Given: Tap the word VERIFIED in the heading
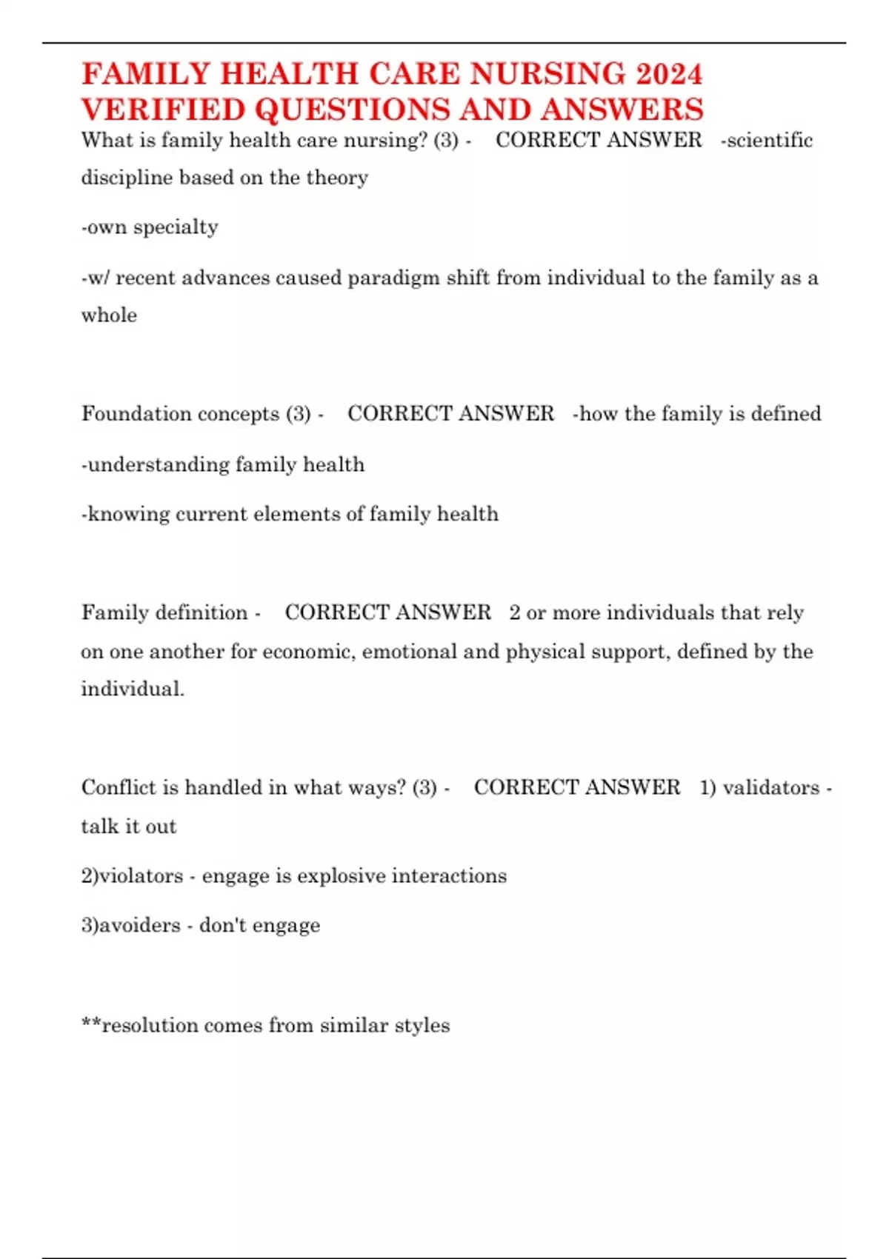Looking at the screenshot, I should [163, 110].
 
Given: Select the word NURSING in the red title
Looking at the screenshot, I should [547, 74].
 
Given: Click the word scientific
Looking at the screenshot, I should [770, 140].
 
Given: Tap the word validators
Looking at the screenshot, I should [771, 787].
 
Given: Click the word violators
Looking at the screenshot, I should [141, 876].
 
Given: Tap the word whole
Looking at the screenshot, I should [109, 315].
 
